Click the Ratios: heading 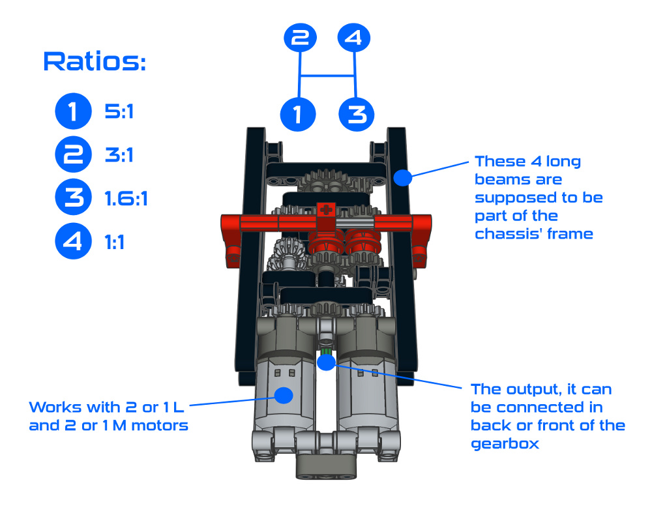point(95,63)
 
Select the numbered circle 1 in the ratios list point(72,111)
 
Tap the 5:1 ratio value point(119,112)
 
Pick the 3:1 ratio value point(119,155)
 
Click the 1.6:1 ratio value point(126,198)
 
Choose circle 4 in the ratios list point(72,242)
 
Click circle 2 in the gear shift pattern point(299,38)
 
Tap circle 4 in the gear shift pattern point(353,38)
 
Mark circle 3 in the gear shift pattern point(356,114)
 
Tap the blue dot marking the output point(326,360)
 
